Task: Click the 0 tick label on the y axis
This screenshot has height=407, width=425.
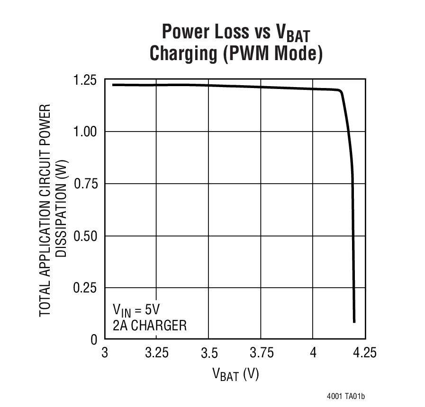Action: point(93,340)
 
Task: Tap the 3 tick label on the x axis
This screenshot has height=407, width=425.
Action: point(105,353)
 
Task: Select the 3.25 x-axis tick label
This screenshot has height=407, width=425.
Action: point(157,353)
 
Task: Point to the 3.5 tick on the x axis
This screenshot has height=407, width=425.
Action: point(209,353)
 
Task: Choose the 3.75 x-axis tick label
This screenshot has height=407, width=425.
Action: point(261,353)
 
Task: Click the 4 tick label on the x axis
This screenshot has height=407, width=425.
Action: point(313,353)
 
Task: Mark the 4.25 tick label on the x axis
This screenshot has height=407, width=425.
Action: point(364,353)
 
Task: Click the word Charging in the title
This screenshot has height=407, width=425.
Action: point(181,53)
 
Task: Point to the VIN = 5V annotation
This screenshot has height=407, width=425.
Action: point(136,310)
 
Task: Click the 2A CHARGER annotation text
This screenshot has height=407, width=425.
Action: point(149,326)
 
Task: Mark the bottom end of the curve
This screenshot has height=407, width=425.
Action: point(354,321)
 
